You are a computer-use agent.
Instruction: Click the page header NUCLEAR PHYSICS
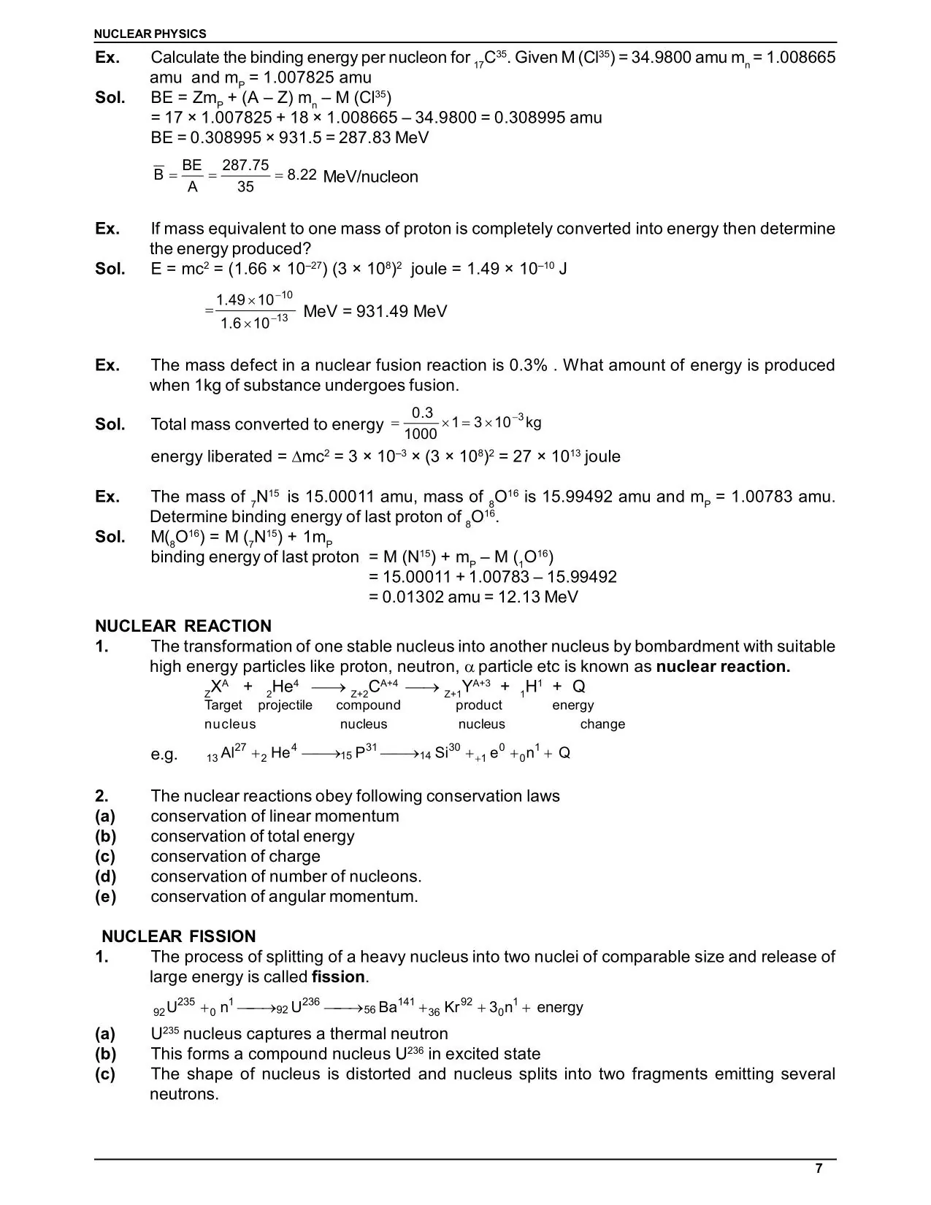150,34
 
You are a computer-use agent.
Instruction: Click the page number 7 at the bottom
819,1168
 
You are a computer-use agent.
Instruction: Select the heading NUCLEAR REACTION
183,626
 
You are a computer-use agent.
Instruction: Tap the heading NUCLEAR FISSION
179,936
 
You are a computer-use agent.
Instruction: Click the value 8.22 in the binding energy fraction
302,175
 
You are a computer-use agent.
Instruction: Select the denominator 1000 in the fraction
421,434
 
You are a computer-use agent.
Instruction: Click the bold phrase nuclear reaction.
723,666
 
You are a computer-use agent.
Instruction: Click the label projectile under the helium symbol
285,705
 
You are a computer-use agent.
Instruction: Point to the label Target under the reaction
223,705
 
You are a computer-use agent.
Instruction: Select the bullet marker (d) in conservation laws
105,876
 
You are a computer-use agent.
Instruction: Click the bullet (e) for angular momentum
105,897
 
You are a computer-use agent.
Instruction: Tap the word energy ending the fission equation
559,1008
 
